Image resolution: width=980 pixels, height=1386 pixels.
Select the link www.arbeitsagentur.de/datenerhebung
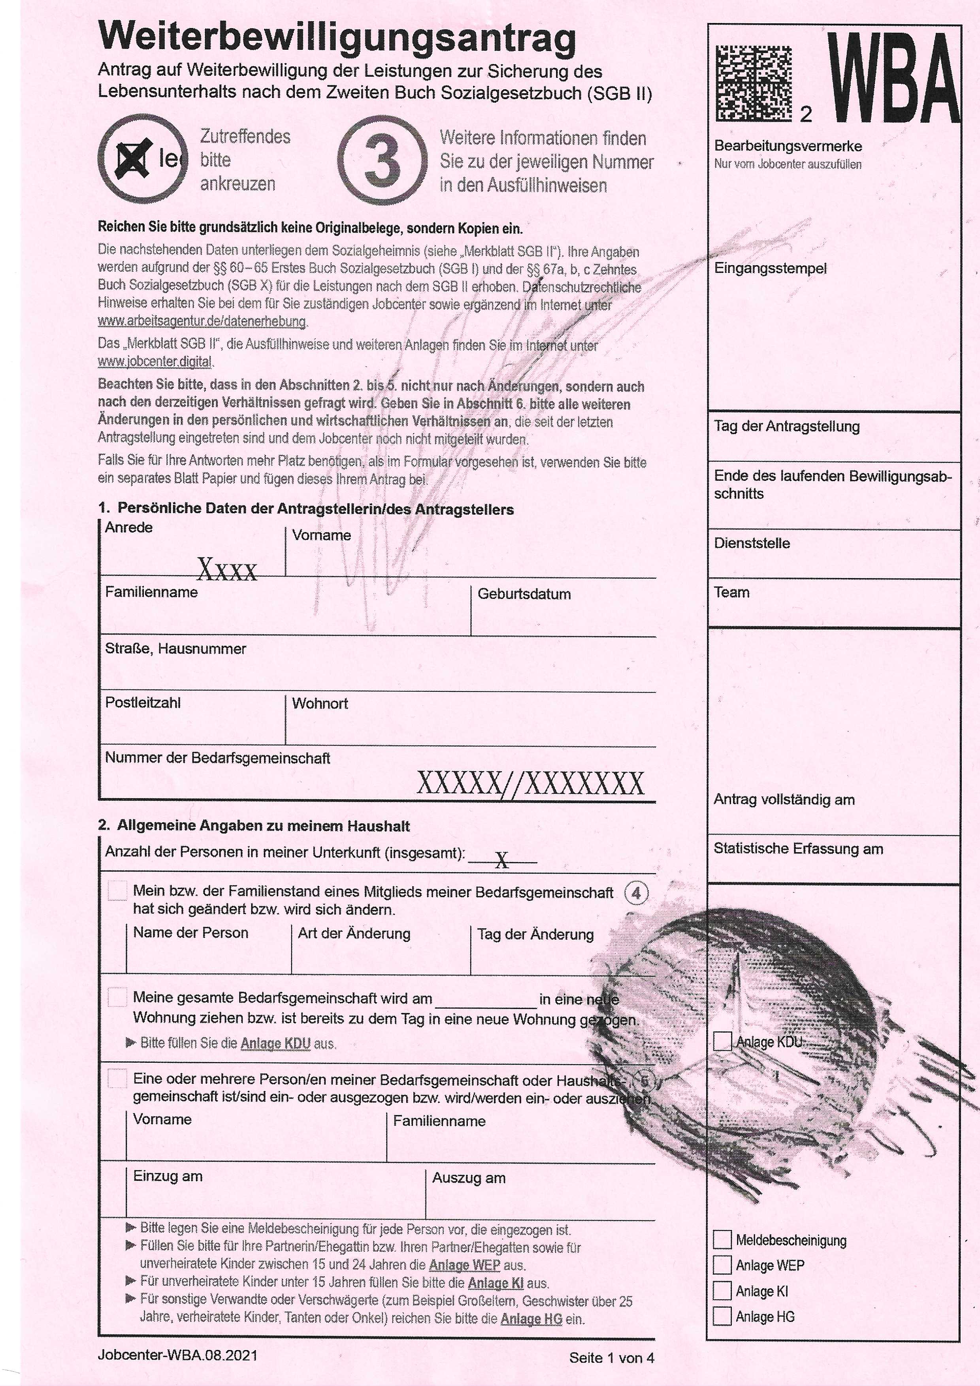202,321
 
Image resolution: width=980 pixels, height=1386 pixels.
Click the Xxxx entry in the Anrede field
227,570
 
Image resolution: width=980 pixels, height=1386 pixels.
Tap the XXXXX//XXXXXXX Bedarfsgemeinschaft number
530,783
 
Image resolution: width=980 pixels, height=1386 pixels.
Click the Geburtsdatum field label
524,594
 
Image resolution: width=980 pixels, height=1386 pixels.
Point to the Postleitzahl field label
143,702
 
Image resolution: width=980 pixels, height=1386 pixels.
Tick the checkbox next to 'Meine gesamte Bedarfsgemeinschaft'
117,997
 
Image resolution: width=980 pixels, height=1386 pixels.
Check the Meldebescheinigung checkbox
722,1240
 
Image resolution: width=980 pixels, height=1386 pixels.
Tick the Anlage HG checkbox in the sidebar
722,1316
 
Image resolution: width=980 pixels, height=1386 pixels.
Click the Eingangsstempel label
770,269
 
